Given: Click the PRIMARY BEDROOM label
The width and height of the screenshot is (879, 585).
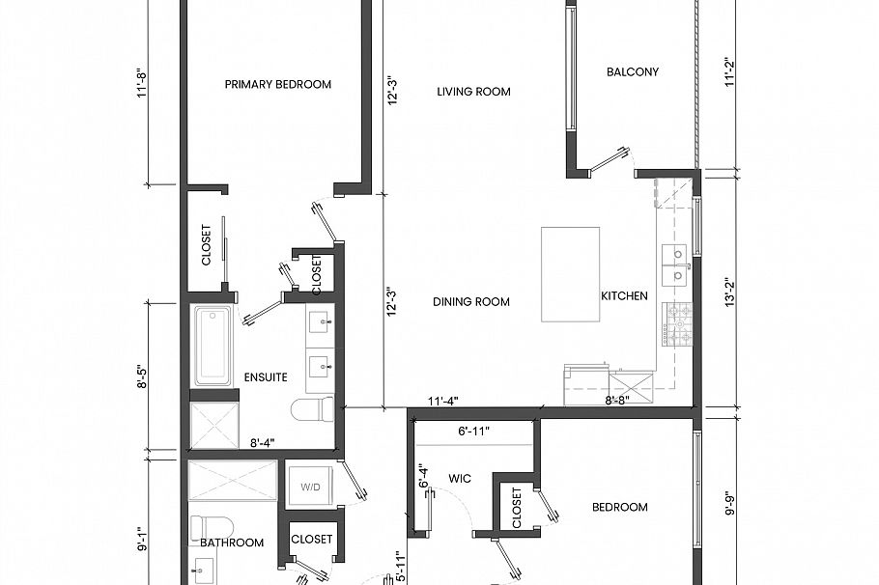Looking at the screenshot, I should (x=277, y=84).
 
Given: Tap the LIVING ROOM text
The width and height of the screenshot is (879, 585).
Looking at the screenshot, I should (x=473, y=92).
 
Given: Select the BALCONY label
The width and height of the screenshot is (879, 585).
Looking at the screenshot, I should (x=632, y=71).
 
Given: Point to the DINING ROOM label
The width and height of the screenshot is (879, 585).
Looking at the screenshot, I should (x=470, y=302).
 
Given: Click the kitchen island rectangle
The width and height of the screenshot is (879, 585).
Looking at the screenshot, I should (x=570, y=274).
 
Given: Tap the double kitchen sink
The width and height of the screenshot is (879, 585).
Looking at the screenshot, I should (x=674, y=265).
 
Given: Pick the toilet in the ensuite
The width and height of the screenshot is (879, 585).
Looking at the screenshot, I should (x=311, y=411).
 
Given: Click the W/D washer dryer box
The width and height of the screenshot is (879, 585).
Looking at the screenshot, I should (x=311, y=487).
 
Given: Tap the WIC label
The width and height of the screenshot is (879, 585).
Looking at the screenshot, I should (x=459, y=478).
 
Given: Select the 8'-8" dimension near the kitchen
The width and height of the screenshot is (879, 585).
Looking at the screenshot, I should (x=618, y=401).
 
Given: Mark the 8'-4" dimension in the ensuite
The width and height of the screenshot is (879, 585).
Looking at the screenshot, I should (x=262, y=443).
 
